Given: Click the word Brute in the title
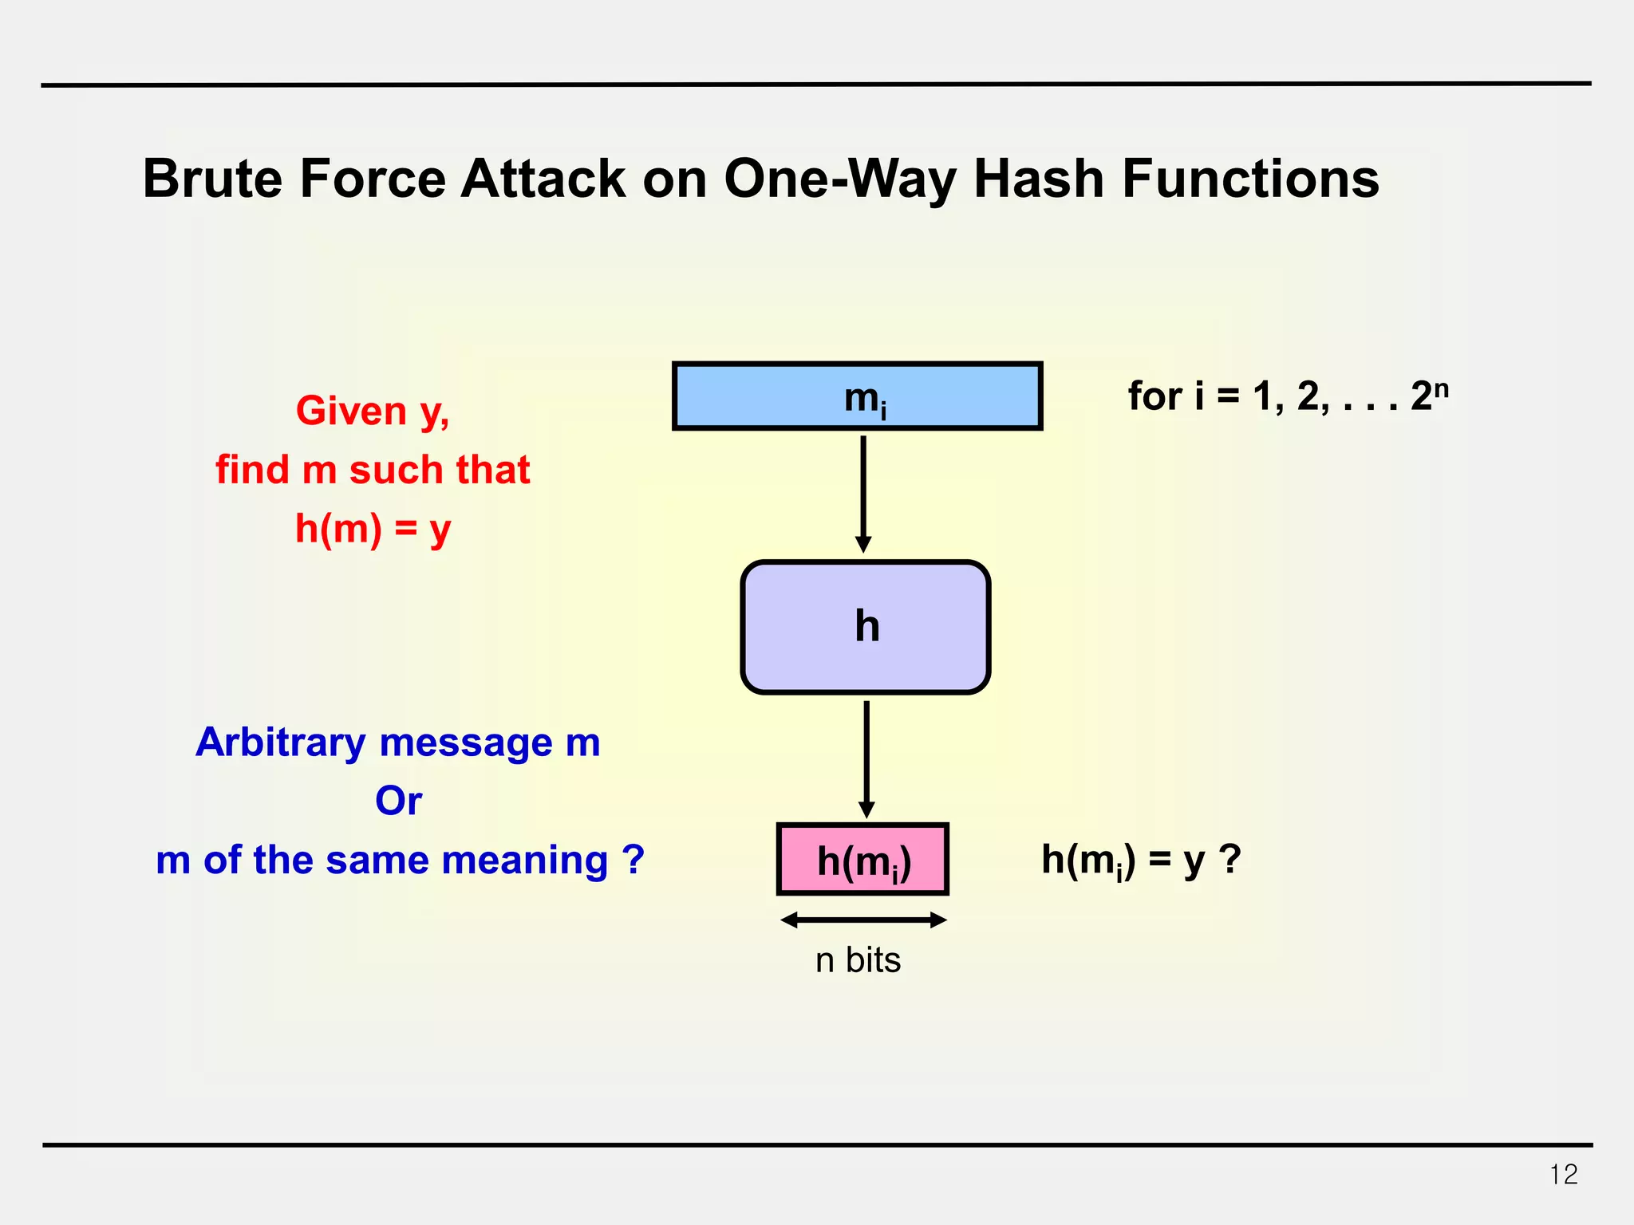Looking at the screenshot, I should [x=212, y=179].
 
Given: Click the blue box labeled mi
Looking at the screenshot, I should [x=857, y=396].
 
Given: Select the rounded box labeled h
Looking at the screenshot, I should [x=865, y=627].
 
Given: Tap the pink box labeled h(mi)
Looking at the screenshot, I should [x=862, y=860].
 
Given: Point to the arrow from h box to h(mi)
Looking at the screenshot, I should [x=866, y=758].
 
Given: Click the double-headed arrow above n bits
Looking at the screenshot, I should [x=862, y=920].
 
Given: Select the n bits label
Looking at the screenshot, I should [x=858, y=960].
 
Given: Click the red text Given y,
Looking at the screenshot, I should [x=373, y=412].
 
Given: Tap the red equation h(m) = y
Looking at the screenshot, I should [x=373, y=529].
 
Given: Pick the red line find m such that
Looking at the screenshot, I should [x=373, y=470].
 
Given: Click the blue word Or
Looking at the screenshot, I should [x=398, y=801].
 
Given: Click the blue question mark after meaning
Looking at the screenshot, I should [x=633, y=859].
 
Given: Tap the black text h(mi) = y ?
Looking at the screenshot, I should [x=1141, y=861].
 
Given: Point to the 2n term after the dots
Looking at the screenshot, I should [x=1429, y=395].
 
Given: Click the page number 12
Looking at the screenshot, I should [x=1563, y=1175].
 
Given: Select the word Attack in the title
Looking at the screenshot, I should [x=543, y=179].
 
